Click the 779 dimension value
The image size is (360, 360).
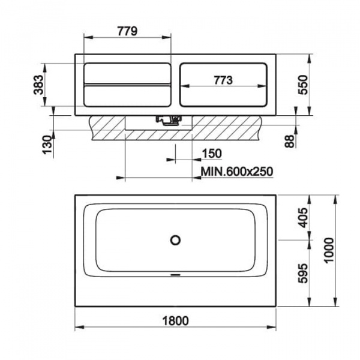coord(127,31)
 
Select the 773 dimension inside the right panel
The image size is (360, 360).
coord(223,80)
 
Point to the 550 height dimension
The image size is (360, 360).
coord(303,85)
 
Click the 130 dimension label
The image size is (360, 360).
coord(47,145)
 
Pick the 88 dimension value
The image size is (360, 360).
coord(289,142)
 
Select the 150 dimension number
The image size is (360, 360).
coord(212,154)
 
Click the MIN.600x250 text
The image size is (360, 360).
coord(237,171)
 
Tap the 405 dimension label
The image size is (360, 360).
coord(303,218)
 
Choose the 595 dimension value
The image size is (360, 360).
coord(303,273)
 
